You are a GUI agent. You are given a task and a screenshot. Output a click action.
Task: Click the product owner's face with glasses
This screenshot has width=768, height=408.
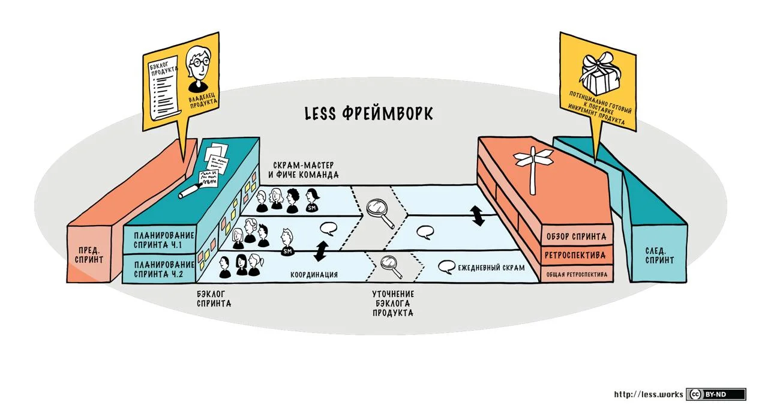pyautogui.click(x=199, y=62)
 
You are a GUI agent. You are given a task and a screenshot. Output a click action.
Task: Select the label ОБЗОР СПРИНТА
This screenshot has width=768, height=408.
pyautogui.click(x=575, y=236)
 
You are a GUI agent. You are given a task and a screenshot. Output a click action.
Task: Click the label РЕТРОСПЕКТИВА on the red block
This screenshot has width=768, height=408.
pyautogui.click(x=575, y=255)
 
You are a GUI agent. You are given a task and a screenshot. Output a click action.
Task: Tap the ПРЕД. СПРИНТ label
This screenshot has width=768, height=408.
pyautogui.click(x=89, y=255)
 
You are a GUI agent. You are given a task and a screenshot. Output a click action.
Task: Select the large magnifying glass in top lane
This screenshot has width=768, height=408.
pyautogui.click(x=379, y=212)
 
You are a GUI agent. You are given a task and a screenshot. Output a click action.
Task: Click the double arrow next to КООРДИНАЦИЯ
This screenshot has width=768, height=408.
pyautogui.click(x=321, y=250)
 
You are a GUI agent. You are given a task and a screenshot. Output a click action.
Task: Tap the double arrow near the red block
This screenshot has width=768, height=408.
pyautogui.click(x=478, y=215)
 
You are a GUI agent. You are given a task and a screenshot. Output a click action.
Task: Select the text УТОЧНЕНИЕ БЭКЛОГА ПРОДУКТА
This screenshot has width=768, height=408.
pyautogui.click(x=393, y=304)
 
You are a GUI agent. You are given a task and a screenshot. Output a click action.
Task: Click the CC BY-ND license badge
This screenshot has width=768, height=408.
pyautogui.click(x=716, y=394)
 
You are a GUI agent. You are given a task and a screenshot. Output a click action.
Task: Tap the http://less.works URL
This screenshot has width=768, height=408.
pyautogui.click(x=649, y=394)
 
